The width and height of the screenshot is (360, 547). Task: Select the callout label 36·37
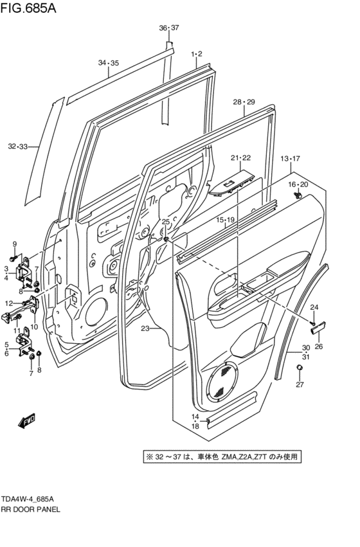[169, 28]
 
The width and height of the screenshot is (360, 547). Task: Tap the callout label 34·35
[108, 62]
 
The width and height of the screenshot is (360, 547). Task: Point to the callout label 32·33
[18, 147]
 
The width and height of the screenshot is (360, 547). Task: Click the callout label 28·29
[244, 102]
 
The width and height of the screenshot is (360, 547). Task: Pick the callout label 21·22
[240, 158]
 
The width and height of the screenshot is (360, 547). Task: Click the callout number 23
[145, 328]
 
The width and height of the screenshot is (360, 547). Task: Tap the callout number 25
[165, 222]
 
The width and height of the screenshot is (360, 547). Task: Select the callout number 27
[299, 385]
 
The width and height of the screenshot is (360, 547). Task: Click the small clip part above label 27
[299, 368]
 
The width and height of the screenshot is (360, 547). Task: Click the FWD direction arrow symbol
[26, 422]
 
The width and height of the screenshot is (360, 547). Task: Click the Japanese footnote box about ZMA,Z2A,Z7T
[222, 457]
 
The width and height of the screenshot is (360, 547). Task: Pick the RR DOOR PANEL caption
[31, 508]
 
